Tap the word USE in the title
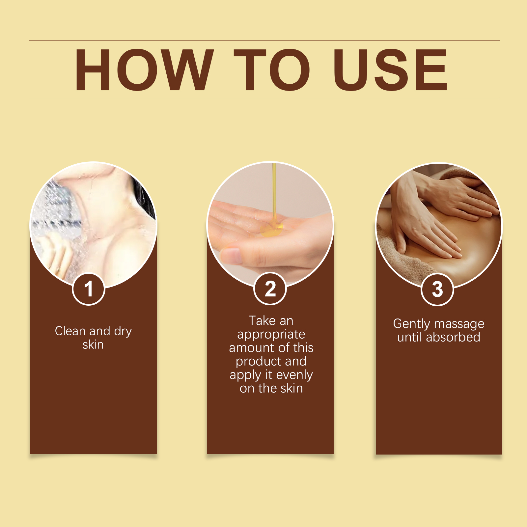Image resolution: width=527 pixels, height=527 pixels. (x=390, y=70)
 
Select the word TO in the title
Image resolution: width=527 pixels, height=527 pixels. (x=272, y=70)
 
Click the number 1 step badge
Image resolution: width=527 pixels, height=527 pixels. (x=88, y=289)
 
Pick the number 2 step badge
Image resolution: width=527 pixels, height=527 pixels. (x=270, y=289)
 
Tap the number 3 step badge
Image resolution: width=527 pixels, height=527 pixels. (x=437, y=290)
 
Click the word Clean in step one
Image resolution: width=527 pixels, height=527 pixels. (x=70, y=331)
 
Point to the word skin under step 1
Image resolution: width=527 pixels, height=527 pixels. (x=93, y=345)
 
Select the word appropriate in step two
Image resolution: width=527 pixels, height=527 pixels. (x=271, y=335)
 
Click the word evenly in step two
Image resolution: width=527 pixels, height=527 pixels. (x=294, y=375)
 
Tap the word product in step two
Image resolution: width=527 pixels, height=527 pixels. (x=259, y=362)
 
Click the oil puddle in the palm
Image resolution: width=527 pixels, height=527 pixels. (x=272, y=230)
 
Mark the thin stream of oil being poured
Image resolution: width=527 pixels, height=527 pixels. (x=274, y=194)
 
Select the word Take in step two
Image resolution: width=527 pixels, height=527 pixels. (x=262, y=321)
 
